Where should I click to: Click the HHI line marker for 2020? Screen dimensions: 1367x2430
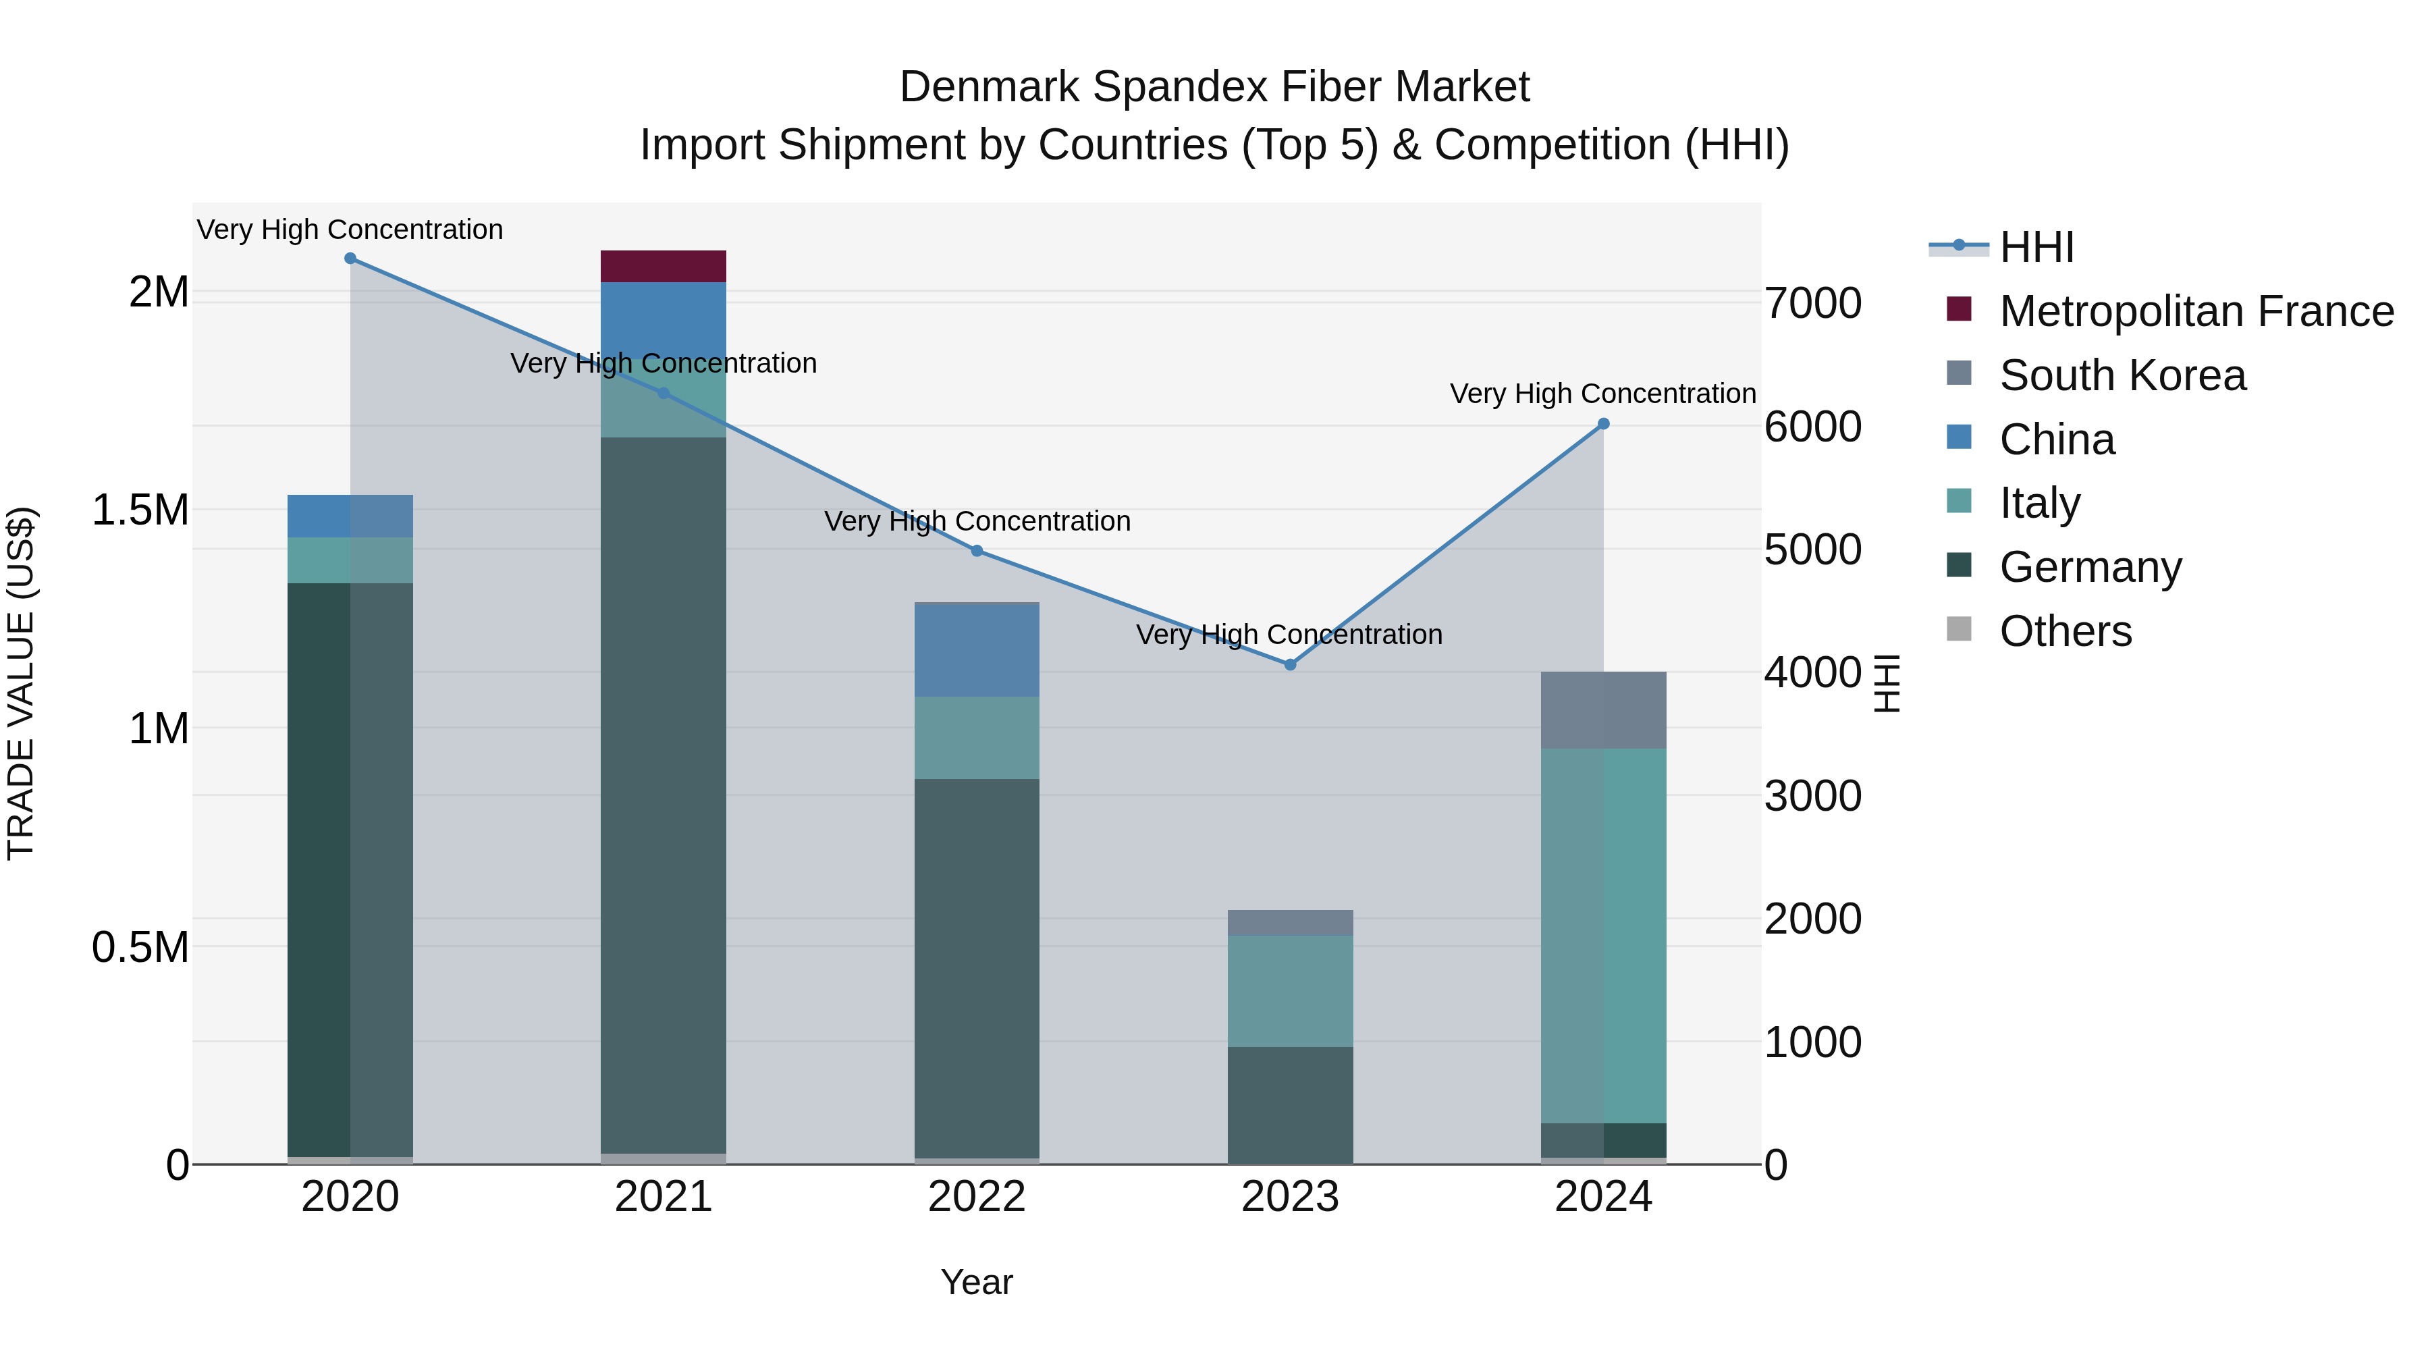[x=350, y=259]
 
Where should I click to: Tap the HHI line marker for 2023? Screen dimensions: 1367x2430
[x=1289, y=665]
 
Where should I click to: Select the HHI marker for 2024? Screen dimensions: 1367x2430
[x=1602, y=425]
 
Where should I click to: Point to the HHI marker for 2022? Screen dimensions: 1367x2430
[x=976, y=551]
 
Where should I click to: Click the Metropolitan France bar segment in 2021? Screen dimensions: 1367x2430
[x=663, y=266]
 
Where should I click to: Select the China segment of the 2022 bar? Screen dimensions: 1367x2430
[x=976, y=650]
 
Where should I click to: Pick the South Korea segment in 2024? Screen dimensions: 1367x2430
[x=1602, y=710]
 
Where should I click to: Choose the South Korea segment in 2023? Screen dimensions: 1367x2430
[x=1289, y=923]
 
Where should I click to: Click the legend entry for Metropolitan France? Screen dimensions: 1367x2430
[x=2196, y=311]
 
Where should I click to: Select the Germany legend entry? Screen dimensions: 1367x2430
[x=2090, y=567]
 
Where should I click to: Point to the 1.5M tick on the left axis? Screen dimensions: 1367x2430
[x=140, y=510]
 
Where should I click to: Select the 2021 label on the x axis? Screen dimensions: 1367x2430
[x=663, y=1197]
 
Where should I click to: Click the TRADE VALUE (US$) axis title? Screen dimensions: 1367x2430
[x=21, y=683]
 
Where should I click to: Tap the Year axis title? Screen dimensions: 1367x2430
[x=976, y=1282]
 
